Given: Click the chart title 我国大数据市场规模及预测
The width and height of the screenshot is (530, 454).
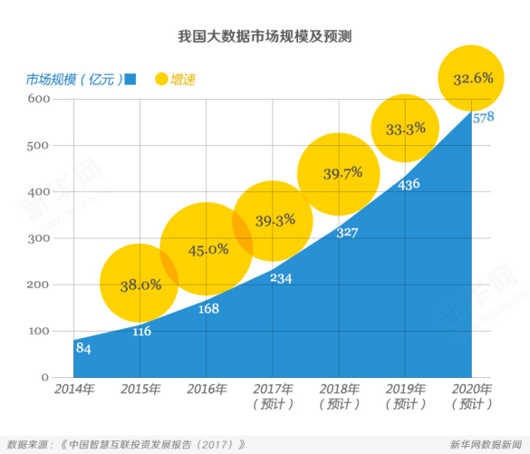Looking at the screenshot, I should point(265,37).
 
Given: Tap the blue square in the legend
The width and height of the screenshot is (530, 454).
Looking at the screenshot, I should point(130,79).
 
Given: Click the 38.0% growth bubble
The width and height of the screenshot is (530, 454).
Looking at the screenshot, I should point(140,284).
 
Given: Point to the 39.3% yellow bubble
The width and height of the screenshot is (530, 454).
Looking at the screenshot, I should point(272,221).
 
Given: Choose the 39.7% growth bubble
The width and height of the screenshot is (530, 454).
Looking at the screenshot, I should point(342,173).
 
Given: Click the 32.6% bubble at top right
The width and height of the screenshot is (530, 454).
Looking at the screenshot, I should point(471,78).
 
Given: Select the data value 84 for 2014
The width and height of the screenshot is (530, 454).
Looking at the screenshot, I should point(83,348).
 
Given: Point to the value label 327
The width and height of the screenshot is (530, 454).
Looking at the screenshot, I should point(346,232).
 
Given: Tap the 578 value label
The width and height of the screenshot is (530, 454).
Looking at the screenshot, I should point(483,118).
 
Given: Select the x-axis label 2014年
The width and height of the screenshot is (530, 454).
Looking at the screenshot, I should point(73,390).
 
